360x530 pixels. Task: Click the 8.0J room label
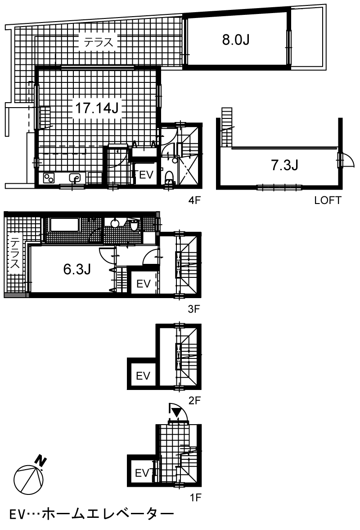point(236,40)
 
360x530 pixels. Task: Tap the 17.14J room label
point(96,108)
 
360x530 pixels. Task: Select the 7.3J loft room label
point(284,165)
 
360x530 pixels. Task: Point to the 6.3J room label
point(77,269)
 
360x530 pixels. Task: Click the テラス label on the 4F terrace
point(98,42)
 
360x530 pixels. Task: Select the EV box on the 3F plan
point(144,283)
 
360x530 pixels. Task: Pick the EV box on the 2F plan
point(143,376)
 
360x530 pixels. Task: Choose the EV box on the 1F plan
point(141,472)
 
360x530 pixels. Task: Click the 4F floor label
point(194,200)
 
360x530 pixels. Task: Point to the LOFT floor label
point(328,200)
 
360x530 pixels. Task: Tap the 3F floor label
point(194,309)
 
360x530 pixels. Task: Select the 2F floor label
point(194,401)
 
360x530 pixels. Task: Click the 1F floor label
point(195,497)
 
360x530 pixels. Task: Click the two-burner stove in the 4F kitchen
point(49,178)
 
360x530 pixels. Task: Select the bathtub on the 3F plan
point(64,224)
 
